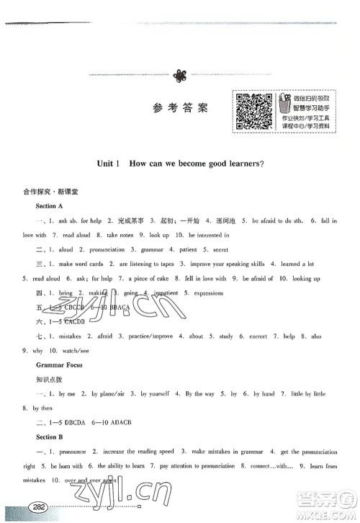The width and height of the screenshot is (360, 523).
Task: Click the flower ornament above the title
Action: pyautogui.click(x=181, y=74)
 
